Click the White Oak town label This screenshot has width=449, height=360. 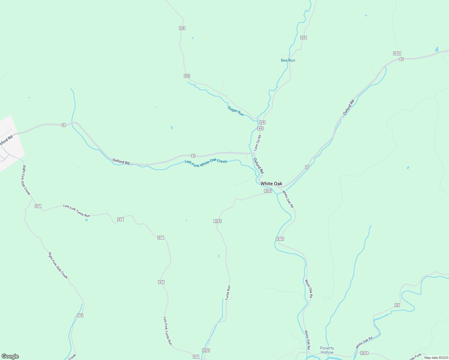pyautogui.click(x=271, y=184)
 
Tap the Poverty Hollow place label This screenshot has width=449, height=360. pyautogui.click(x=327, y=350)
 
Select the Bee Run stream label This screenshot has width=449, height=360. pyautogui.click(x=288, y=60)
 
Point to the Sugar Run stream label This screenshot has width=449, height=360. pyautogui.click(x=236, y=111)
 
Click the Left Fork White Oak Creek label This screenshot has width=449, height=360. pyautogui.click(x=206, y=162)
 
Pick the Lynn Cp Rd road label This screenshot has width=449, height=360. pyautogui.click(x=257, y=143)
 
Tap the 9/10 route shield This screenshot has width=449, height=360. pyautogui.click(x=397, y=53)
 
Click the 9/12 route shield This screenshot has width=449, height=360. pyautogui.click(x=280, y=239)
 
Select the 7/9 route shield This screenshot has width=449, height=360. pyautogui.click(x=80, y=315)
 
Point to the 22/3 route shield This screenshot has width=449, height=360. pyautogui.click(x=364, y=353)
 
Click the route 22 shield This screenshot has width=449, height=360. pyautogui.click(x=397, y=305)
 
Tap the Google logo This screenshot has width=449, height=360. pyautogui.click(x=10, y=356)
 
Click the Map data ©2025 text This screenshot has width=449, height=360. pyautogui.click(x=436, y=358)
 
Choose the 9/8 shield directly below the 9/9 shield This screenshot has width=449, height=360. pyautogui.click(x=260, y=128)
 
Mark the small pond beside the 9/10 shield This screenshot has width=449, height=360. pyautogui.click(x=436, y=49)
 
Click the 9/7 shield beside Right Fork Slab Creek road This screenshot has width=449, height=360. pyautogui.click(x=38, y=206)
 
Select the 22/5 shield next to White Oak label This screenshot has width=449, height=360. pyautogui.click(x=268, y=191)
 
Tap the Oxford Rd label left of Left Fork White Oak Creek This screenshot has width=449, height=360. pyautogui.click(x=121, y=162)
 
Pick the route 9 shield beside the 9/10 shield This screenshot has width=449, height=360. pyautogui.click(x=401, y=59)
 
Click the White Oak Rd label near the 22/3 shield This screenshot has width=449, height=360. pyautogui.click(x=364, y=342)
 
